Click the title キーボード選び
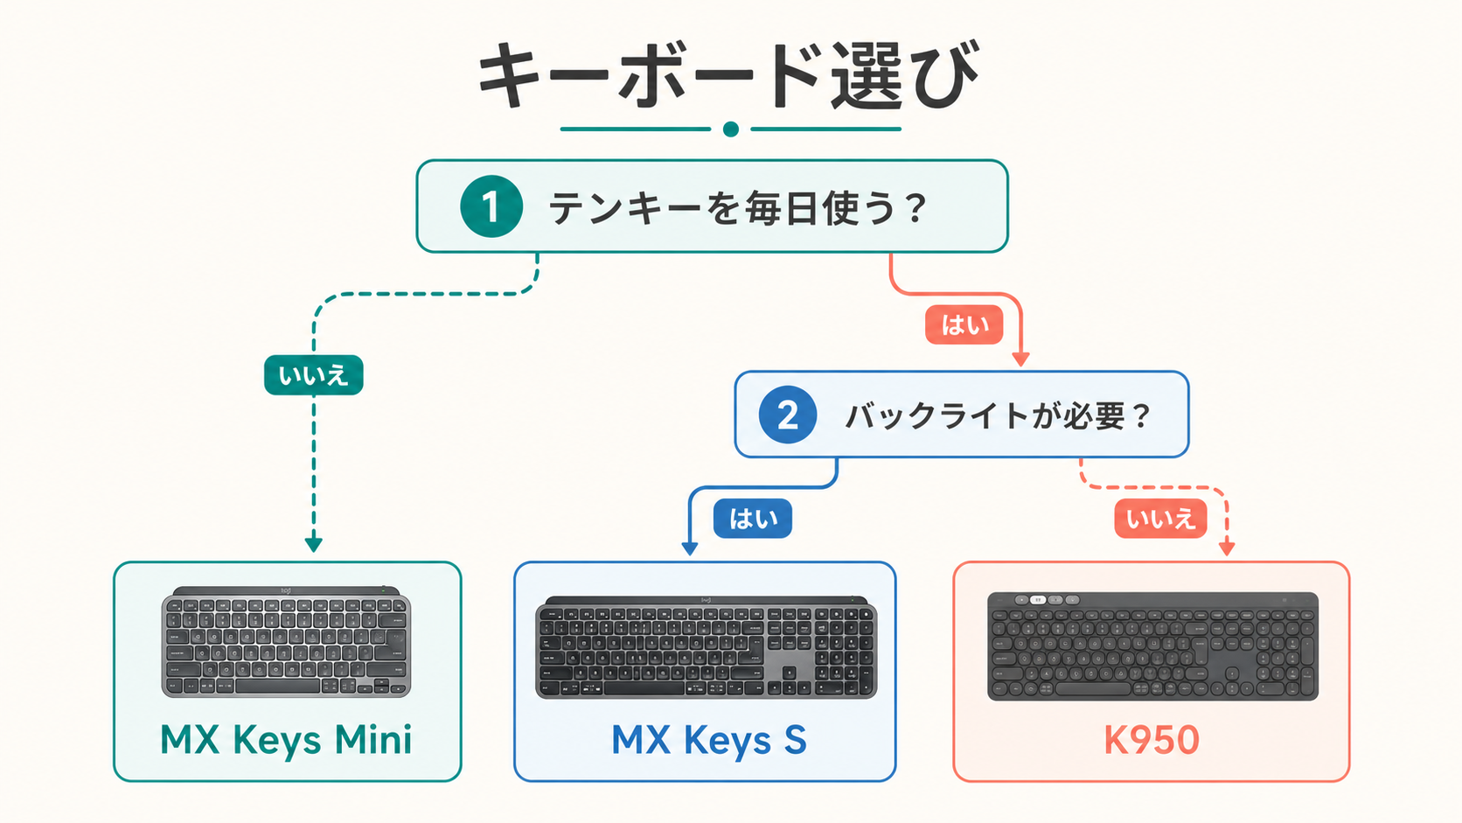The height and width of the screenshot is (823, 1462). coord(728,75)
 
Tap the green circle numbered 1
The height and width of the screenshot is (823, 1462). coord(491,206)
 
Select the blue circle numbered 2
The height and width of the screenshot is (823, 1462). coord(788,415)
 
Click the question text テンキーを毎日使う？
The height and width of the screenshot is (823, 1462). coord(737,207)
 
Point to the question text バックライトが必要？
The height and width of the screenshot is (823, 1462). coord(998,415)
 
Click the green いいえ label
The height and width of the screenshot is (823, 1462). coord(313,375)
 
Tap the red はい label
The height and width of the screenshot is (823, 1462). coord(964,324)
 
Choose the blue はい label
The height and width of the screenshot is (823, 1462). coord(753,519)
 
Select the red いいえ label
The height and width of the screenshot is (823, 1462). coord(1160,519)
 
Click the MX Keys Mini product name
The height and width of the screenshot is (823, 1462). coord(286,740)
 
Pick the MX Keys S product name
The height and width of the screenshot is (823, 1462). coord(709,740)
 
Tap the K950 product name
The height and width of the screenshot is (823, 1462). coord(1152,740)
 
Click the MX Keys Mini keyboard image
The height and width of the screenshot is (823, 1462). coord(286,642)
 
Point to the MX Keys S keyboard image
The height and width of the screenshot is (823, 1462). coord(707,647)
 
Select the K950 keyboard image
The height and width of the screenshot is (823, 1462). coord(1152,646)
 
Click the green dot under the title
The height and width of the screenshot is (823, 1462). coord(731,129)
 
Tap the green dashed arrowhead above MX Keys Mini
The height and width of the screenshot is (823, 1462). coord(314,544)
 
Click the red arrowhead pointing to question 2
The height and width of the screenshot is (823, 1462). coord(1020,359)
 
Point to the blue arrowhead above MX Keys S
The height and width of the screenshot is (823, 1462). coord(690,548)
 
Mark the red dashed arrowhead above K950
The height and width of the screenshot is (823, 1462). coord(1227,548)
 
